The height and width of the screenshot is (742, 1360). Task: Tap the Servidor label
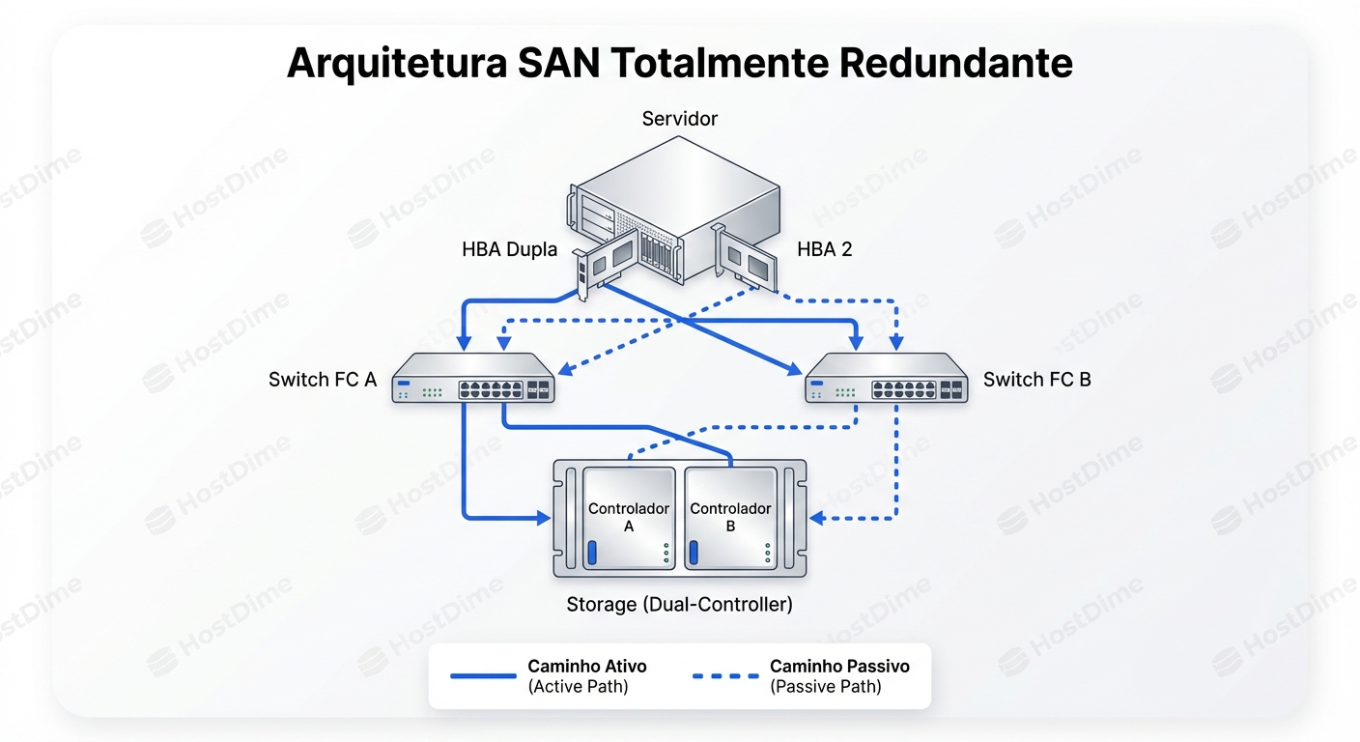pos(680,119)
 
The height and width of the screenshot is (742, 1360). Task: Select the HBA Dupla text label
pos(509,250)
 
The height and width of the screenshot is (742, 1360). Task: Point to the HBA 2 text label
pos(824,250)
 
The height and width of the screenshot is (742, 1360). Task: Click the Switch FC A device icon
pos(473,378)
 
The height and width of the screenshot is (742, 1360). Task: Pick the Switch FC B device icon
pos(888,378)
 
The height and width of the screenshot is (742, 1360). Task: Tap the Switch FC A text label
pos(323,380)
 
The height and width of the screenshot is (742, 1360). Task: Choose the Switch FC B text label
pos(1036,380)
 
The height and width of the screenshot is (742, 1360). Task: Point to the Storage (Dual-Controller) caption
pos(679,605)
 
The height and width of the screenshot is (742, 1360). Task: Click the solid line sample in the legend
pos(483,676)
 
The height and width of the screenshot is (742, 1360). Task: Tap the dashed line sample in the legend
pos(725,676)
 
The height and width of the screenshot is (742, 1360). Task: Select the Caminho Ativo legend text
pos(587,667)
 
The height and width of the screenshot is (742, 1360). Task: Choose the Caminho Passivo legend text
pos(839,667)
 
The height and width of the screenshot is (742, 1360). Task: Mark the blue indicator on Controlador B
pos(693,554)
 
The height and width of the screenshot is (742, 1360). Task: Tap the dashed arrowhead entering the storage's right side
pos(816,519)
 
